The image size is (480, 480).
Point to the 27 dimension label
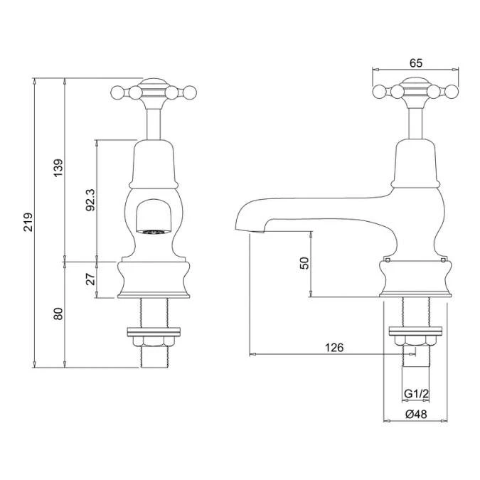coord(90,278)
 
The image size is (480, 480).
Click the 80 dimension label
coord(58,314)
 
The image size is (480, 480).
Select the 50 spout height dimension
coord(304,262)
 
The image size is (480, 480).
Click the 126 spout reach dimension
coord(334,347)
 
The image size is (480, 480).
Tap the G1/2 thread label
coord(415,395)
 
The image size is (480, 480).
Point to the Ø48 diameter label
coord(415,415)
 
